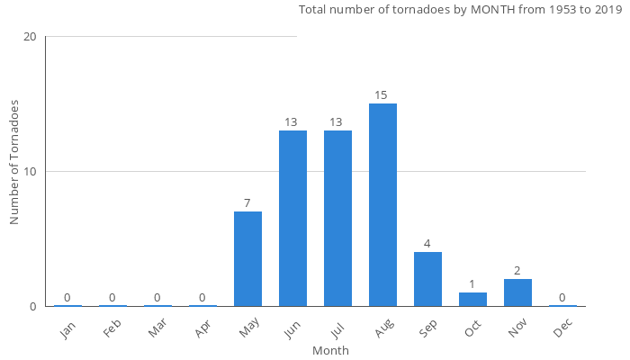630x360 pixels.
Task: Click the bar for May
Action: click(247, 259)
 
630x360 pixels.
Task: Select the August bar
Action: click(382, 205)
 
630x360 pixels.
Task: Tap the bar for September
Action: click(427, 279)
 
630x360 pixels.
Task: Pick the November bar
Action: click(517, 292)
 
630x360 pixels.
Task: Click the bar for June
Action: click(292, 219)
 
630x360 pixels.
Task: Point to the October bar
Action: click(472, 299)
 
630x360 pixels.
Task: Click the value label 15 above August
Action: click(382, 95)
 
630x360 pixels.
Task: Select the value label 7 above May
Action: click(247, 203)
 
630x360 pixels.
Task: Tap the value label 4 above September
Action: click(427, 244)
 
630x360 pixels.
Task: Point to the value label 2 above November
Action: click(517, 271)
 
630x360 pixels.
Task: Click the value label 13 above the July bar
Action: click(337, 122)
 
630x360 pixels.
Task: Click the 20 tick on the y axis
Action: click(30, 37)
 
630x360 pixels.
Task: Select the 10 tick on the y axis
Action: click(30, 172)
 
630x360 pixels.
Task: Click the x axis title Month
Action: click(330, 350)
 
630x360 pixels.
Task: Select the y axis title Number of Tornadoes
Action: click(14, 163)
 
